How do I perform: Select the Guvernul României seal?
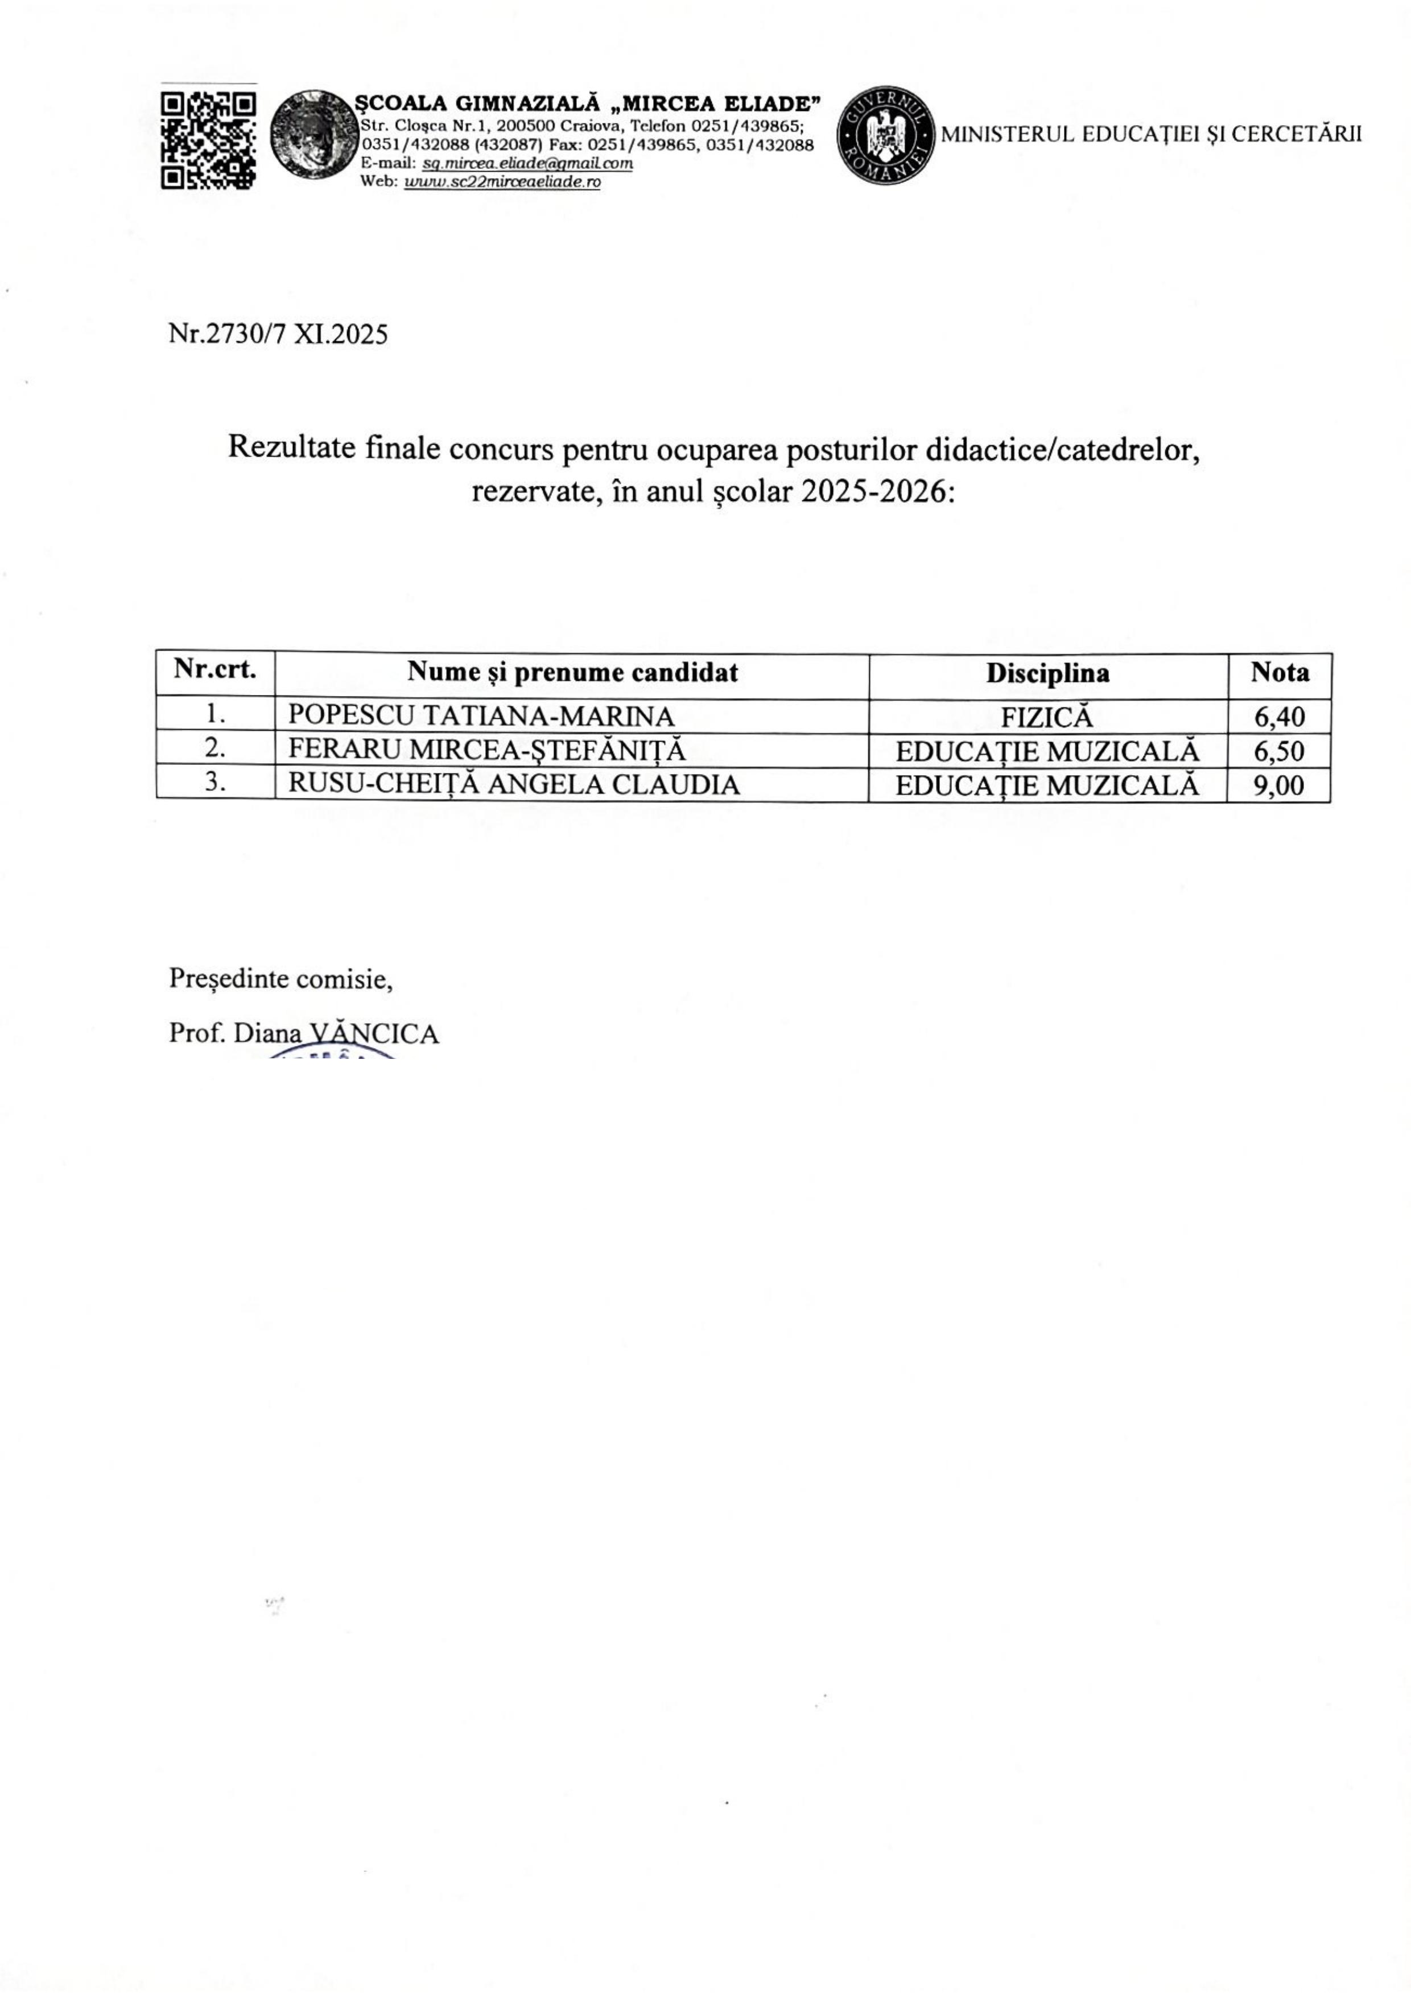pyautogui.click(x=887, y=135)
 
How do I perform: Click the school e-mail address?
pyautogui.click(x=527, y=163)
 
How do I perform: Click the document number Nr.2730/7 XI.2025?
pyautogui.click(x=278, y=334)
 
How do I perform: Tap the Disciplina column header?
pyautogui.click(x=1047, y=673)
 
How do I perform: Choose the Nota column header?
pyautogui.click(x=1279, y=672)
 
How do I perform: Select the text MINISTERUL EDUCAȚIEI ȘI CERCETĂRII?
pyautogui.click(x=1151, y=135)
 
